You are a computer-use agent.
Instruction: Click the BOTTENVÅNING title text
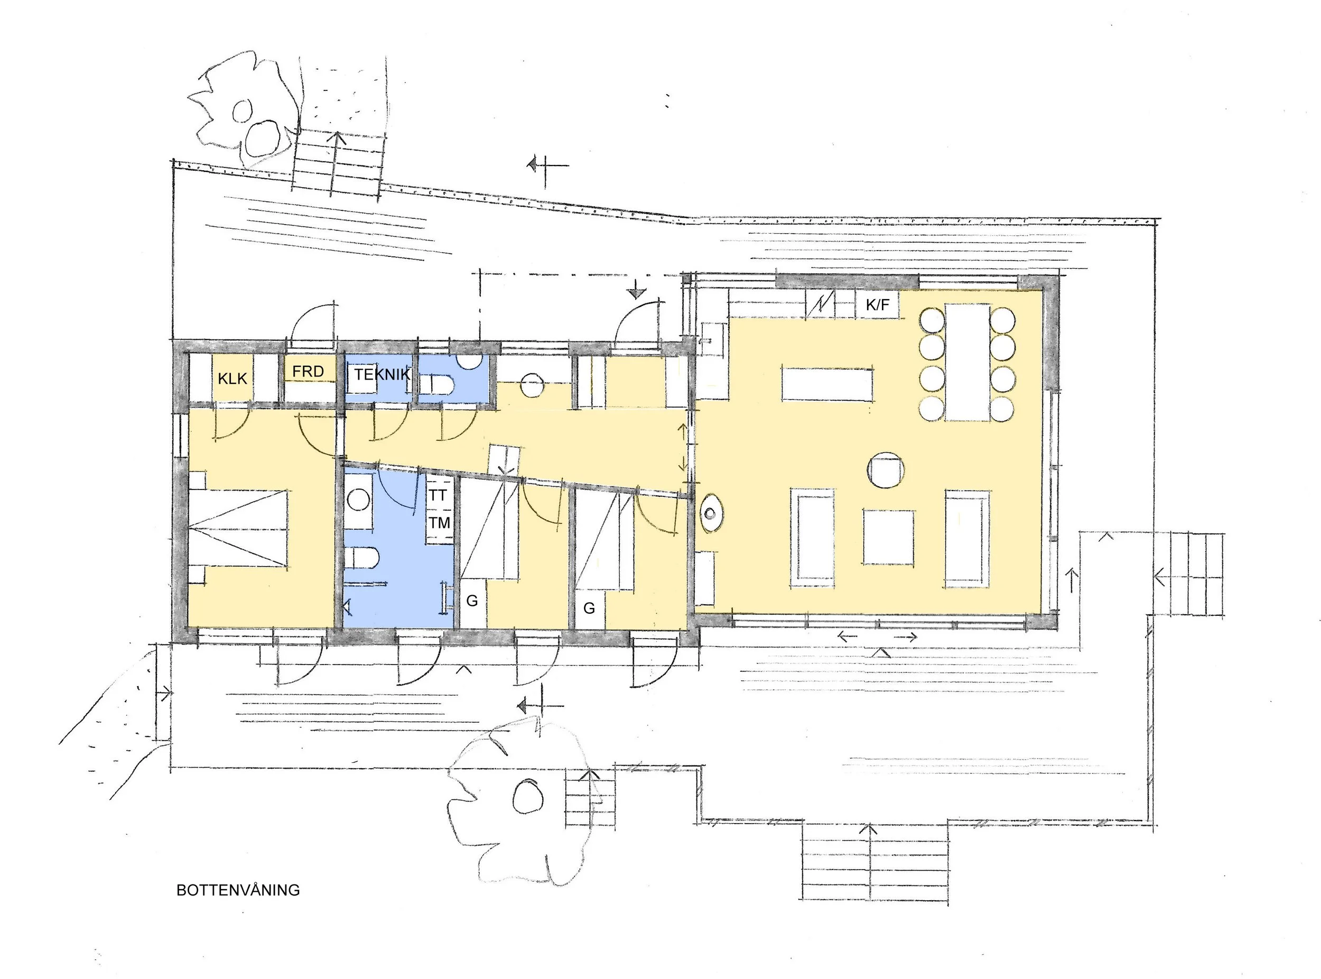tap(238, 890)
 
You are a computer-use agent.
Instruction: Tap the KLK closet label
tap(232, 378)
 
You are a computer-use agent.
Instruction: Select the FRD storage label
tap(308, 372)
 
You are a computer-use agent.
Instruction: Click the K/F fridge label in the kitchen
tap(878, 305)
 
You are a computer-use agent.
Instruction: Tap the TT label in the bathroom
tap(439, 495)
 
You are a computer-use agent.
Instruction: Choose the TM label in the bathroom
tap(440, 523)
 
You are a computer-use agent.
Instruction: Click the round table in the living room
tap(886, 470)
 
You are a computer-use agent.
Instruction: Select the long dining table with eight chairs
tap(968, 362)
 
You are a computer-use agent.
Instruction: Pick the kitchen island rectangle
tap(827, 384)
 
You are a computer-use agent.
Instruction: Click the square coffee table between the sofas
tap(888, 537)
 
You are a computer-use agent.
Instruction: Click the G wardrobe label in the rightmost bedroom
tap(589, 608)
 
